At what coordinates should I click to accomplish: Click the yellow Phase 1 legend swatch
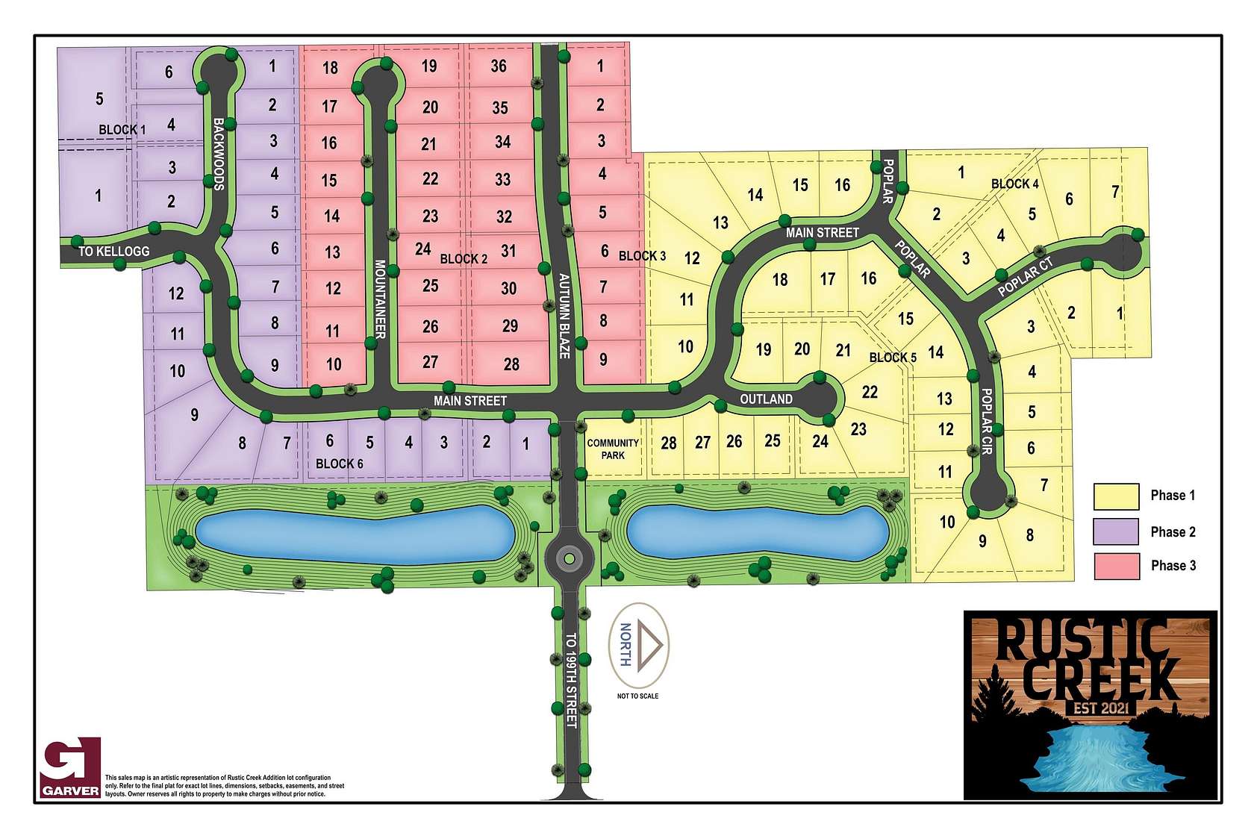coord(1116,496)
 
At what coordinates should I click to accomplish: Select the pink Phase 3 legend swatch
coord(1116,566)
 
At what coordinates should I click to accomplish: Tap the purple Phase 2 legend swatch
coord(1116,531)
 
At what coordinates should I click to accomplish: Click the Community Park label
coord(613,449)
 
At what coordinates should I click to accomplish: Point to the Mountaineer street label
coord(380,299)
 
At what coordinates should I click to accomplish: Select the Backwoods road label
coord(219,154)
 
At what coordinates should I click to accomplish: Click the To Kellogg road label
coord(114,252)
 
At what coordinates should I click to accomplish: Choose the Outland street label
coord(766,399)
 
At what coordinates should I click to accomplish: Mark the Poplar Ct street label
coord(1026,276)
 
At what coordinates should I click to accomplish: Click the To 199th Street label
coord(571,680)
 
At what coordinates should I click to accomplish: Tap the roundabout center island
coord(569,558)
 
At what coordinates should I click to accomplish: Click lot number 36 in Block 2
coord(499,66)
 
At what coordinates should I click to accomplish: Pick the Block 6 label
coord(339,464)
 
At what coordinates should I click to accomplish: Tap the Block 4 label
coord(1014,184)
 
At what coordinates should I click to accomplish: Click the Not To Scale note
coord(637,696)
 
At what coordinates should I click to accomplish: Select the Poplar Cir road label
coord(987,422)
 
